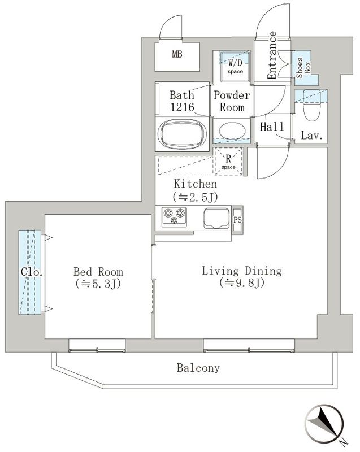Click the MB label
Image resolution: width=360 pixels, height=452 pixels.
[178, 55]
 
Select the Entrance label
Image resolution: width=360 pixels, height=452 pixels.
[272, 55]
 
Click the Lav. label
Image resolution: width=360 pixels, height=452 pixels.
[311, 136]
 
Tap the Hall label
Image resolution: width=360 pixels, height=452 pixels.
[272, 128]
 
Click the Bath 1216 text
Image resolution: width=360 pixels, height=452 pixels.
[181, 101]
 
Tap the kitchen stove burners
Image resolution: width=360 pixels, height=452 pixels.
[174, 216]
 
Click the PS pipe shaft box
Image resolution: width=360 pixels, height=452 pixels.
[237, 219]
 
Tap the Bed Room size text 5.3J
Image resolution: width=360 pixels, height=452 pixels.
[98, 283]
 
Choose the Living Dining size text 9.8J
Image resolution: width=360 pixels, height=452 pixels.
[241, 283]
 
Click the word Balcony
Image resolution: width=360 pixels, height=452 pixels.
[198, 368]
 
